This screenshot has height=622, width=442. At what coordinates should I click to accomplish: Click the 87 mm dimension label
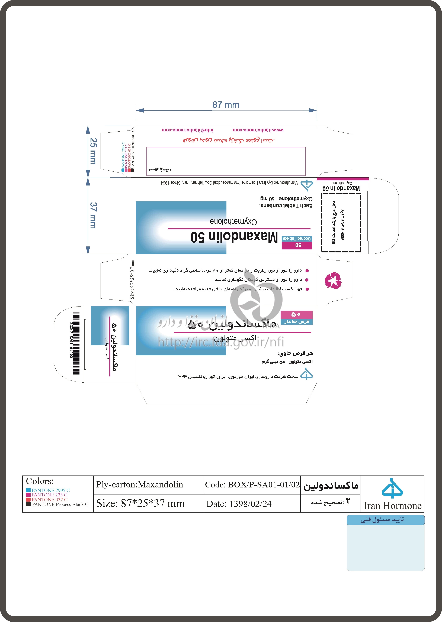tap(226, 105)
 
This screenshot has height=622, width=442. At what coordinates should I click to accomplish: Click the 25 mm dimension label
tap(93, 151)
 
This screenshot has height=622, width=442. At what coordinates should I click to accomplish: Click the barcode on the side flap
tap(76, 343)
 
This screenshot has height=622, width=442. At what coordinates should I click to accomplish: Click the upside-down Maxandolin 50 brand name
tap(234, 237)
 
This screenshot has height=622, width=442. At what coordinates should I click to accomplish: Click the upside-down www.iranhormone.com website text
tap(258, 130)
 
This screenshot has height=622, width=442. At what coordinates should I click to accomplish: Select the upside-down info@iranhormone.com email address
tap(188, 130)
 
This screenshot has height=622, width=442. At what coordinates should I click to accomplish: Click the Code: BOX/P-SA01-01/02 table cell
tap(252, 484)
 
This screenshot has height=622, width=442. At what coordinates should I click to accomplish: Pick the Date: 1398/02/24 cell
tap(239, 503)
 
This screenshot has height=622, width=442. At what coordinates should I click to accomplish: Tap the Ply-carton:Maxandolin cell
tap(140, 484)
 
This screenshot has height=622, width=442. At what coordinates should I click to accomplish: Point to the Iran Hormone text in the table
tap(392, 506)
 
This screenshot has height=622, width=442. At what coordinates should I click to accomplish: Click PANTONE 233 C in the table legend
tap(49, 495)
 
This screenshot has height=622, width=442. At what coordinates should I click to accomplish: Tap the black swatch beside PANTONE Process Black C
tap(28, 504)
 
